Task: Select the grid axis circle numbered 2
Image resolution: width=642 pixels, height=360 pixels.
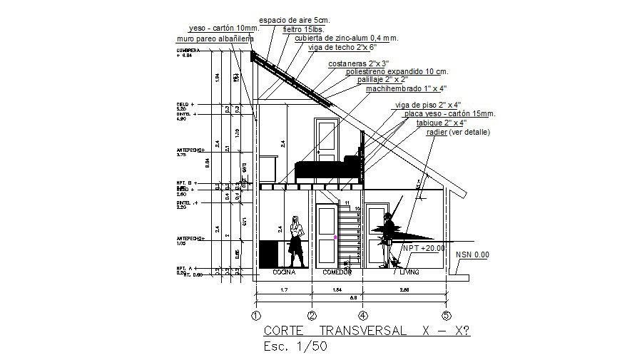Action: [312, 314]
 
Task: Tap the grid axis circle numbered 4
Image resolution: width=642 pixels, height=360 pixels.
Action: [363, 314]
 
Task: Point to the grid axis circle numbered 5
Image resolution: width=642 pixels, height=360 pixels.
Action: [447, 314]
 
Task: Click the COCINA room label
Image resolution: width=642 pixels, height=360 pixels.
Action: [285, 272]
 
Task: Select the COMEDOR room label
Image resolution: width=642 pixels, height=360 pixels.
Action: [338, 272]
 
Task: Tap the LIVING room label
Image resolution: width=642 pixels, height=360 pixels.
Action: [409, 272]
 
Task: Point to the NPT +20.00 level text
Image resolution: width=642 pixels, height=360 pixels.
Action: [424, 248]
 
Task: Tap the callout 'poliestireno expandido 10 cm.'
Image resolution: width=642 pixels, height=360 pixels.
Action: [397, 72]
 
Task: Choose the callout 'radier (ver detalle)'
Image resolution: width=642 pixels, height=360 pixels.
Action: [459, 132]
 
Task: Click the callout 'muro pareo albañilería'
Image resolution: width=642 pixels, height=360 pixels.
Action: [214, 38]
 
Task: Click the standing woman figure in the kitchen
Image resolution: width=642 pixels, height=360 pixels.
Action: [295, 239]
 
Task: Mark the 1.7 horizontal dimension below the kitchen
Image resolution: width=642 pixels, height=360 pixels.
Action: [283, 290]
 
